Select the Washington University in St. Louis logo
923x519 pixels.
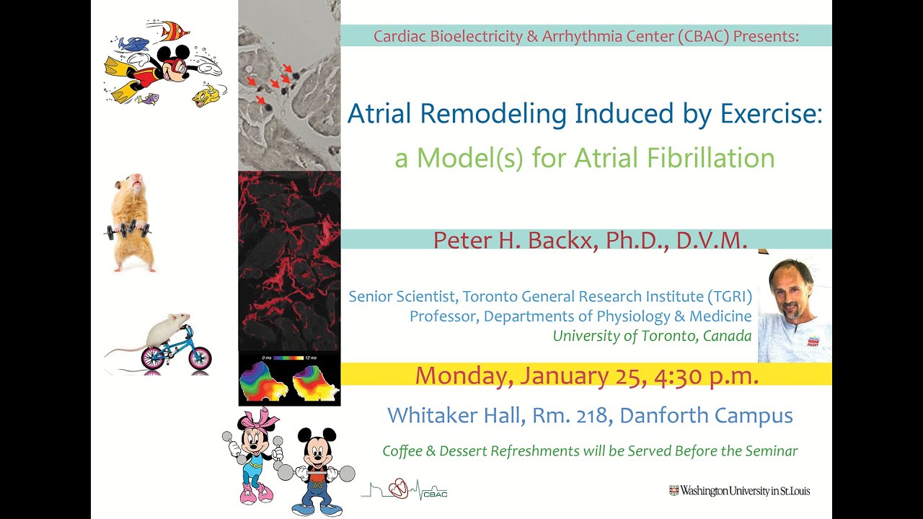pyautogui.click(x=739, y=491)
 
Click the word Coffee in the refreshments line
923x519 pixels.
pyautogui.click(x=403, y=451)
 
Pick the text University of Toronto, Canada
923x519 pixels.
pyautogui.click(x=652, y=335)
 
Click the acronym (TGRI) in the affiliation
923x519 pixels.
pyautogui.click(x=728, y=296)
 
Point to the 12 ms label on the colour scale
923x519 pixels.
pyautogui.click(x=312, y=358)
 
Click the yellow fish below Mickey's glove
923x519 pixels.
pyautogui.click(x=206, y=95)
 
